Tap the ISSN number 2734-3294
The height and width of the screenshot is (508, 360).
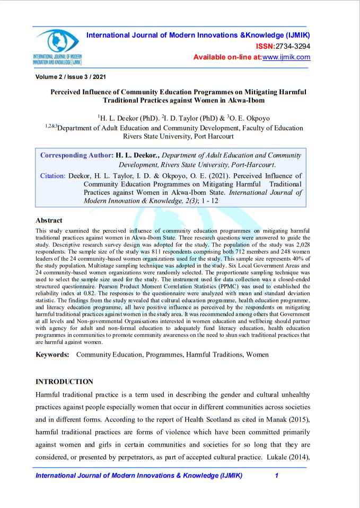point(293,46)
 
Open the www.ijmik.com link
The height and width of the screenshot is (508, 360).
point(286,57)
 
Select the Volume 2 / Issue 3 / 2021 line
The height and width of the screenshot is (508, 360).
point(71,77)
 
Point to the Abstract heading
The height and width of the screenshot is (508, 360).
point(49,220)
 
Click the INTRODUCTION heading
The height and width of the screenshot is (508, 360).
point(64,381)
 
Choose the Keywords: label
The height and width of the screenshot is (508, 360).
point(52,354)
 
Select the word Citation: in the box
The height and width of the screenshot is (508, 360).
point(53,176)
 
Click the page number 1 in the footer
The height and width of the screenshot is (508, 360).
point(277,476)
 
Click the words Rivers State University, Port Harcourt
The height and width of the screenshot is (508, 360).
point(178,136)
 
